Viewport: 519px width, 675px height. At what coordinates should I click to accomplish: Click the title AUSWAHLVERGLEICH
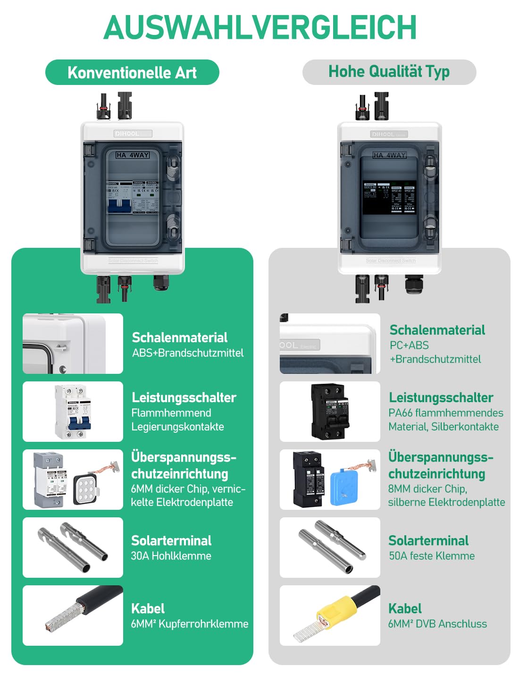pos(260,27)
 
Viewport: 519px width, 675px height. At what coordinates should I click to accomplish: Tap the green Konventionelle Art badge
pos(132,72)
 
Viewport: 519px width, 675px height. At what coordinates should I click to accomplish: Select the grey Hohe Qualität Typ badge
pos(389,72)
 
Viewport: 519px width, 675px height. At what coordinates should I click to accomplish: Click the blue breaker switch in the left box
pos(119,206)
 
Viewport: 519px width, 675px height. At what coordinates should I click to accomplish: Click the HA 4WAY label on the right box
pos(389,155)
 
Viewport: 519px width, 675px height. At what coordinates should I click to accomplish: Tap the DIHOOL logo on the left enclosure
pos(127,134)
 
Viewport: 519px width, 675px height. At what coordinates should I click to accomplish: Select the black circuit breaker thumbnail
pos(330,411)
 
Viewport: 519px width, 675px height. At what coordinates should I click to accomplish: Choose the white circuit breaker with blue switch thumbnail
pos(73,412)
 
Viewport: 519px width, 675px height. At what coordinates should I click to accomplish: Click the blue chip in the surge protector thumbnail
pos(344,487)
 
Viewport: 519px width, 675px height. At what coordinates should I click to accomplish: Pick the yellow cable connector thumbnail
pos(330,616)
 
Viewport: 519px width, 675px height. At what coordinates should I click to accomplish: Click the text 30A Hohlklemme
pos(171,556)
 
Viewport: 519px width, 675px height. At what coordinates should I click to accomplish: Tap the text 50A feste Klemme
pos(432,556)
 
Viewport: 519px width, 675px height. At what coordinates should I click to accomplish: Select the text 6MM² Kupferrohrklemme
pos(189,624)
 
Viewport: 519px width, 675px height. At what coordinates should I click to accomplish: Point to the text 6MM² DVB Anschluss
pos(437,624)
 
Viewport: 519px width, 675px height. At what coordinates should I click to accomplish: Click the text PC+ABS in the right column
pos(409,345)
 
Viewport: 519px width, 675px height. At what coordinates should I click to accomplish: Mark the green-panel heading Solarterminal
pos(171,540)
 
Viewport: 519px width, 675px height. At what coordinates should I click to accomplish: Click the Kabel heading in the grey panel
pos(405,608)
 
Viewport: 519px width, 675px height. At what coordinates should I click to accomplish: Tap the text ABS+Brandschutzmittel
pos(188,353)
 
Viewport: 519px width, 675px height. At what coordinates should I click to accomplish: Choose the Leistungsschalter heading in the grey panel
pos(441,397)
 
